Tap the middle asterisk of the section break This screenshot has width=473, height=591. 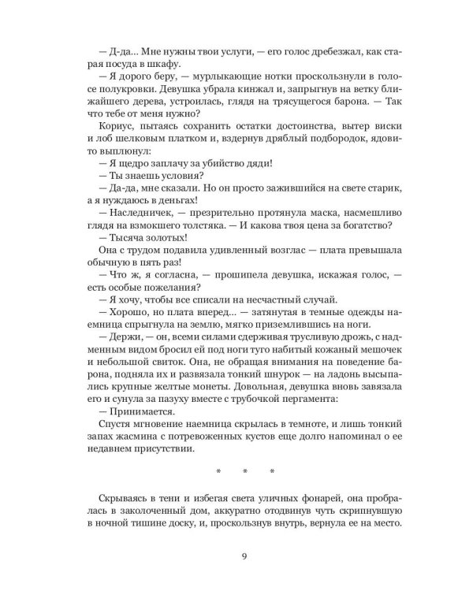pos(244,472)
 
